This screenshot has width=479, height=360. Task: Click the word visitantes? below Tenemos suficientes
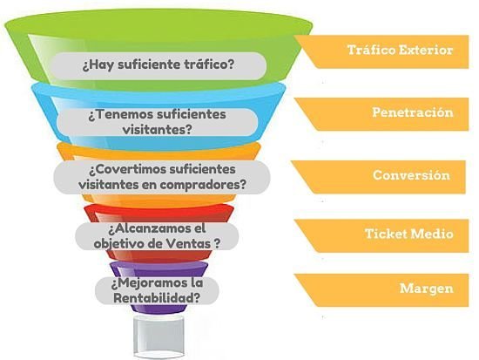158,129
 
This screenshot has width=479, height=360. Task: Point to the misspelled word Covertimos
128,169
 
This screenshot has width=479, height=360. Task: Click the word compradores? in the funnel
202,185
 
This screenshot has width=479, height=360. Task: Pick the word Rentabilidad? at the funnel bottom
157,297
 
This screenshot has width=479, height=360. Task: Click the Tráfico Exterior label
400,50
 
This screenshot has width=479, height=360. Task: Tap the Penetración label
413,112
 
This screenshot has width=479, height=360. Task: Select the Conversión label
411,175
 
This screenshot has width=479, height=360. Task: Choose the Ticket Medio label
408,234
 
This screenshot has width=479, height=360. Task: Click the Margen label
426,289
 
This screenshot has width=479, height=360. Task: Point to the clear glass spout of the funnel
159,336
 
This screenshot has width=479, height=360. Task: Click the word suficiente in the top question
150,65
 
